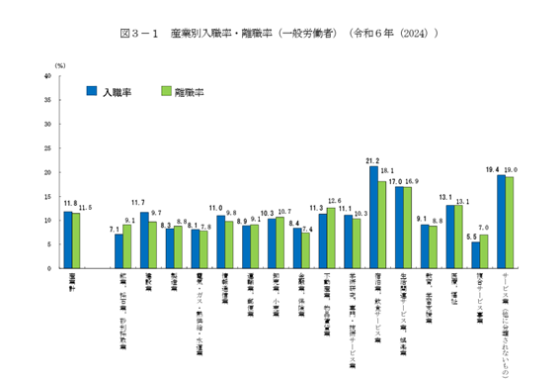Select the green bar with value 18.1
pos(382,225)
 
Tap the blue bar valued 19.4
pos(502,221)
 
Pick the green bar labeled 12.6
pos(331,238)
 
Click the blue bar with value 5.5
pos(476,254)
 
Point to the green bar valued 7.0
pos(484,250)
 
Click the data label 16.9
pos(413,181)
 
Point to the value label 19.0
pos(510,170)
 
